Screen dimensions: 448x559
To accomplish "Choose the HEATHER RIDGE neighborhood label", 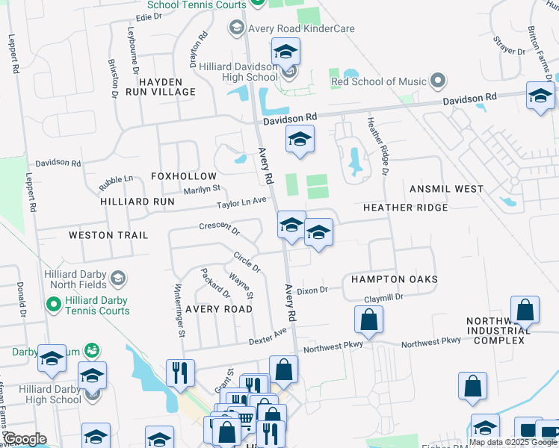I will pyautogui.click(x=405, y=207).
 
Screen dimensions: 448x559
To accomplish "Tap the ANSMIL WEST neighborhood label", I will pyautogui.click(x=446, y=189).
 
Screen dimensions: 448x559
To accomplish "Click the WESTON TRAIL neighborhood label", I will pyautogui.click(x=108, y=235).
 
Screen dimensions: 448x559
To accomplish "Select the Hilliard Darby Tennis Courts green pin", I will pyautogui.click(x=53, y=305).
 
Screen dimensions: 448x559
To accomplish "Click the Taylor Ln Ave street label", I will pyautogui.click(x=241, y=202).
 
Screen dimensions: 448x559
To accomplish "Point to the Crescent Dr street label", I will pyautogui.click(x=219, y=226).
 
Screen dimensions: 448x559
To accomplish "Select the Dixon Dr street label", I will pyautogui.click(x=312, y=290).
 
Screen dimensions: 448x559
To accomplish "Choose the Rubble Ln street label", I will pyautogui.click(x=116, y=179).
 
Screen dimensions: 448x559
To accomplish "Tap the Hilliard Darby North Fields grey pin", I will pyautogui.click(x=117, y=279).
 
